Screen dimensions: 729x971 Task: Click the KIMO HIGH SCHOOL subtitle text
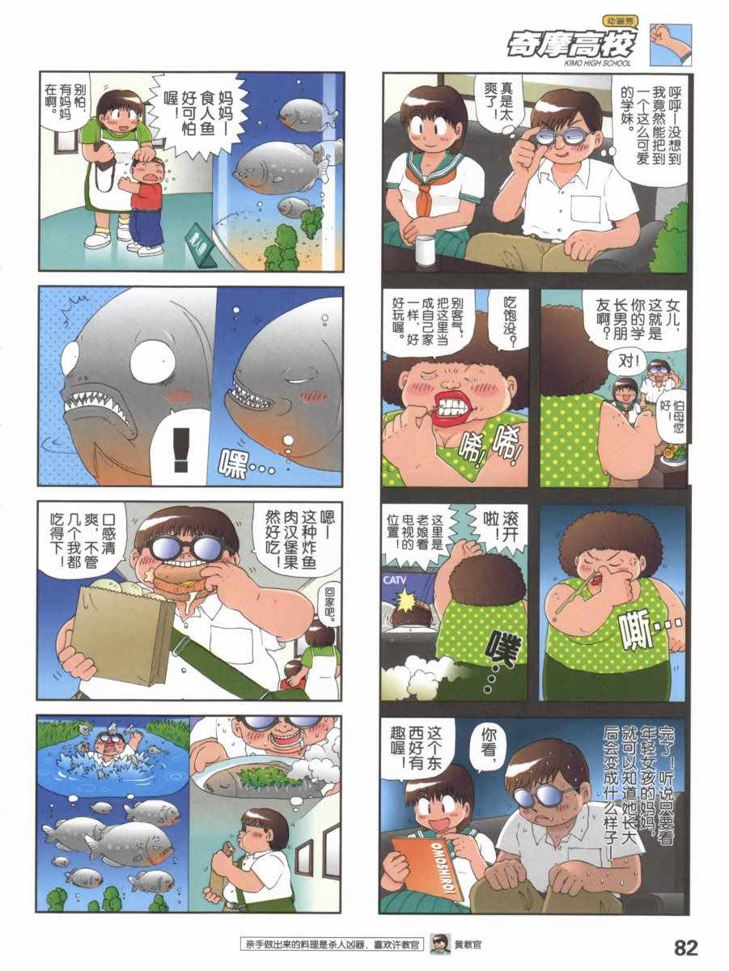598,63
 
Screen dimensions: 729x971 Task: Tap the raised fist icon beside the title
670,45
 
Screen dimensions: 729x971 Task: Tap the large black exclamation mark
181,449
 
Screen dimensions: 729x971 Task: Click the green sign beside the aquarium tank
200,250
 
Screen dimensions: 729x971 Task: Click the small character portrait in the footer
439,945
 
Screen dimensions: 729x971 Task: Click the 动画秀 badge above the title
618,21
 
